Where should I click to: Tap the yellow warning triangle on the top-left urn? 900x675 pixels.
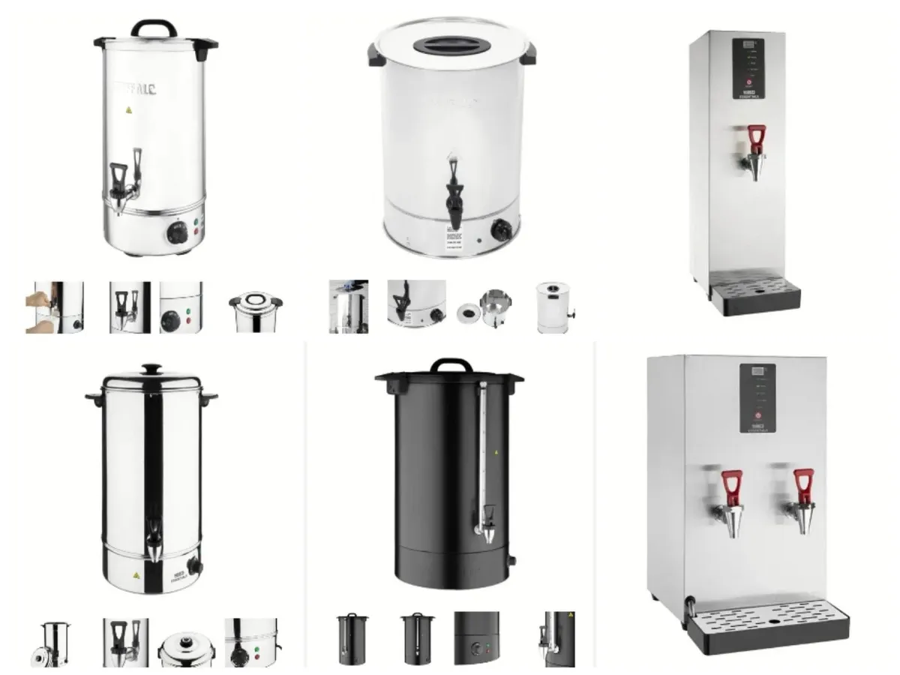click(128, 109)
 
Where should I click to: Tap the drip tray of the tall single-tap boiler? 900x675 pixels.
click(754, 292)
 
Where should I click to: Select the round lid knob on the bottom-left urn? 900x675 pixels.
click(151, 369)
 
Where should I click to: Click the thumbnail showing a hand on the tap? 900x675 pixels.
click(54, 307)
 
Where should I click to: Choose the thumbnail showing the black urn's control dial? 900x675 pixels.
click(476, 638)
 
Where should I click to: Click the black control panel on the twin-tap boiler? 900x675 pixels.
click(758, 397)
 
